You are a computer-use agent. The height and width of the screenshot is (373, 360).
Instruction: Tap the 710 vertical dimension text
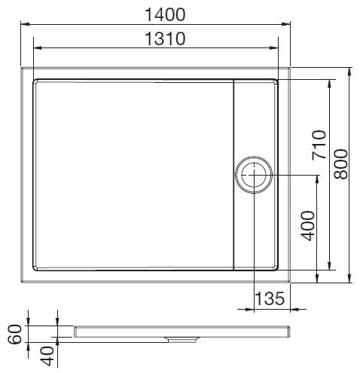click(317, 146)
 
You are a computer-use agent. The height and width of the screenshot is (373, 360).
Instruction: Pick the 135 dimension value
click(269, 298)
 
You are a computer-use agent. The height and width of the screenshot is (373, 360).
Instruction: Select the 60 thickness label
click(13, 332)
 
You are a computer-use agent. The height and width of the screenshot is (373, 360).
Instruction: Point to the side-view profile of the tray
click(181, 332)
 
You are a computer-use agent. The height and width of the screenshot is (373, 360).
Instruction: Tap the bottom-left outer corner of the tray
click(23, 282)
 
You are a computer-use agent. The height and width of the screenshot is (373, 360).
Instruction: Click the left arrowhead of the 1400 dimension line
click(26, 27)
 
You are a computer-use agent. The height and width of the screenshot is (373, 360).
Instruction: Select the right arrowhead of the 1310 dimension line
click(280, 50)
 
